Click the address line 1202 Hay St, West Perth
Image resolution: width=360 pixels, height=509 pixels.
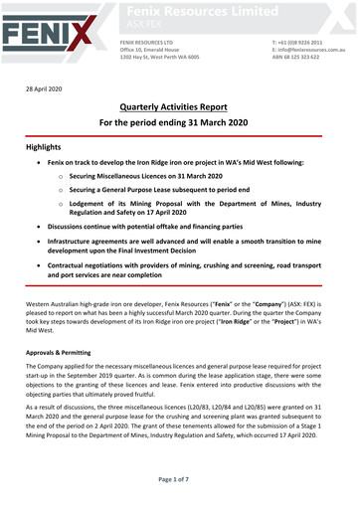(x=159, y=58)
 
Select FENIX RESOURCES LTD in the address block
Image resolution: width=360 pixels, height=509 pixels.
(x=146, y=42)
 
